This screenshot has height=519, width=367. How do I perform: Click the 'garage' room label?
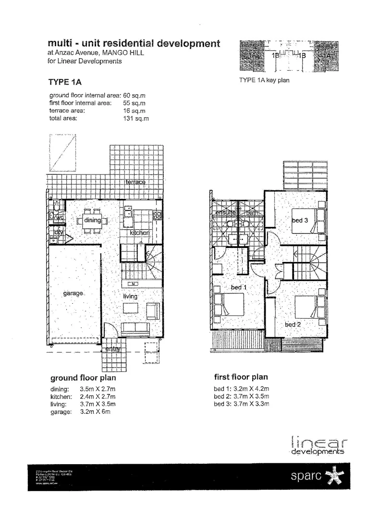[73, 293]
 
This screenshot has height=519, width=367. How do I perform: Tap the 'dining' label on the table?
[92, 221]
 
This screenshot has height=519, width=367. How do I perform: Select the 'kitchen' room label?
[139, 233]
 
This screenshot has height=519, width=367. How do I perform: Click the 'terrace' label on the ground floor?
[135, 182]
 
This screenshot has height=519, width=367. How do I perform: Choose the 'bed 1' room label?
[239, 287]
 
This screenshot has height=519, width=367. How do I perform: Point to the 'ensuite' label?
[225, 212]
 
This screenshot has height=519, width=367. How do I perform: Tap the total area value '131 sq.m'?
[136, 118]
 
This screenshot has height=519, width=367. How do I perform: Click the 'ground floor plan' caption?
[83, 378]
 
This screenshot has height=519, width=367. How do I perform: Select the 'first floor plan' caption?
[241, 377]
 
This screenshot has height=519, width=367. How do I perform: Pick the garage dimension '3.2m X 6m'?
[98, 412]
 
